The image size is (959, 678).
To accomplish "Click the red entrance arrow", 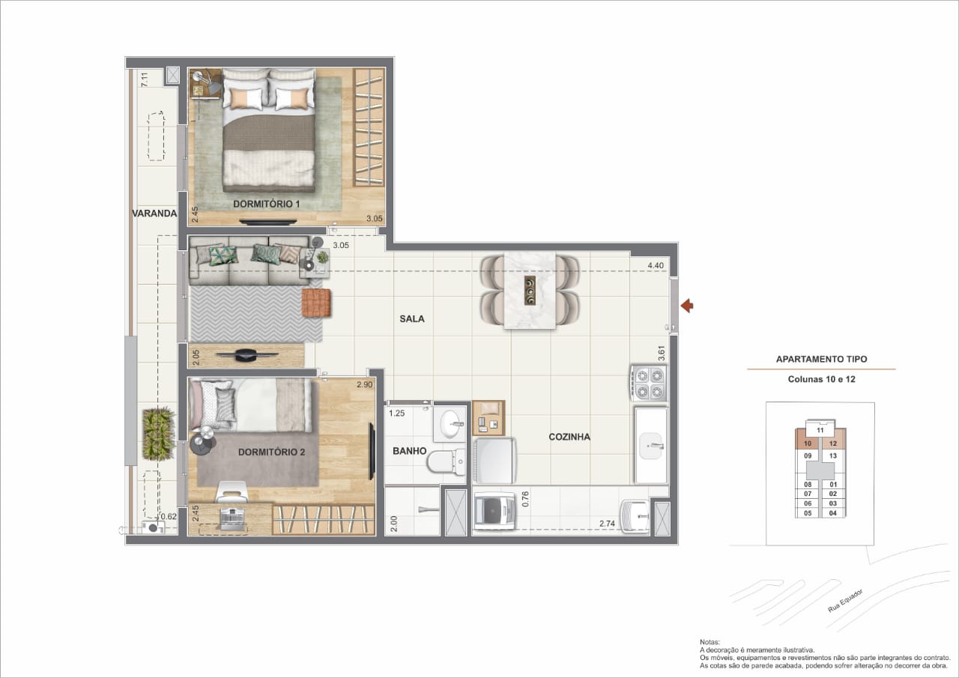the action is click(687, 306).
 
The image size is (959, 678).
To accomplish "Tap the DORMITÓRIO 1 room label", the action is click(266, 205).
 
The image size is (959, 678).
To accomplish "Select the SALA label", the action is click(412, 319).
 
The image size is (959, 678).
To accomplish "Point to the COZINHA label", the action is click(569, 437).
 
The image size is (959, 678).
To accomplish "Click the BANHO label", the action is click(409, 451).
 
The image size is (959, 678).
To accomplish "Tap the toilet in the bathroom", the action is click(447, 461).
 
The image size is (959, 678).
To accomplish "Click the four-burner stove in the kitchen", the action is click(649, 384).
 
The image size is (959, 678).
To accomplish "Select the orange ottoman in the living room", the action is click(316, 303).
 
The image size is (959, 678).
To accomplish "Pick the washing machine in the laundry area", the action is click(494, 512).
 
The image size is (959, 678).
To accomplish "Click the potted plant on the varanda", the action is click(158, 434).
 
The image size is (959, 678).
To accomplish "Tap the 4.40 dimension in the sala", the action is click(656, 266).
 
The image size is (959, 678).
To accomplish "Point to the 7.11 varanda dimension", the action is click(145, 79).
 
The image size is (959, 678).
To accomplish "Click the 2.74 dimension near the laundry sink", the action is click(607, 524).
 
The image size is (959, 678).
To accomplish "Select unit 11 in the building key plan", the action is click(820, 430).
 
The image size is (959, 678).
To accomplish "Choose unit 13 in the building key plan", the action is click(832, 455).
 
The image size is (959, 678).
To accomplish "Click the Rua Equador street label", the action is click(845, 601).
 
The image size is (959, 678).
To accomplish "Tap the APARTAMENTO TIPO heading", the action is click(822, 360).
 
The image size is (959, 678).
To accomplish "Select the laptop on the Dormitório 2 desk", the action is click(232, 518).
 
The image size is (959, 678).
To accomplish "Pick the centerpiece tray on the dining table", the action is click(530, 291).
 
